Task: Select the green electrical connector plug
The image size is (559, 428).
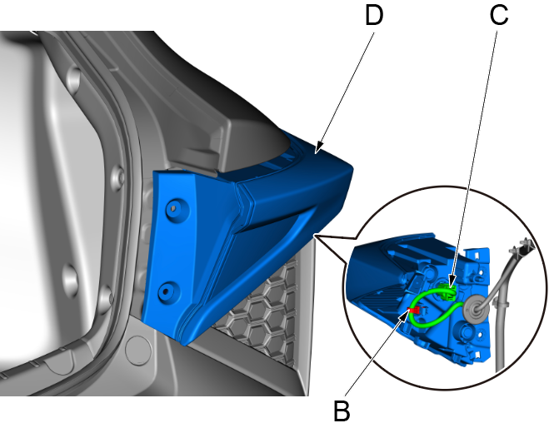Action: pyautogui.click(x=450, y=291)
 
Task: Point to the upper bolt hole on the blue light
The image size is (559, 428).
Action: pyautogui.click(x=174, y=207)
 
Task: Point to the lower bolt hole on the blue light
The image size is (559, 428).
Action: pyautogui.click(x=167, y=290)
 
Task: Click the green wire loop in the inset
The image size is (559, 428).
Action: pyautogui.click(x=433, y=312)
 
